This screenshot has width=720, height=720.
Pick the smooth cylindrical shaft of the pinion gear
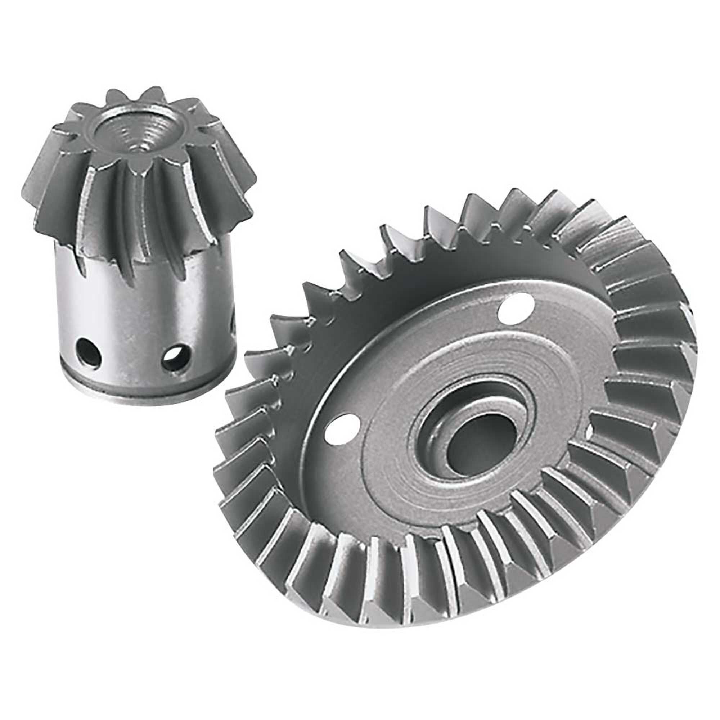point(145,317)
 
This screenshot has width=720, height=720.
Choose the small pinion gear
point(141,242)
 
